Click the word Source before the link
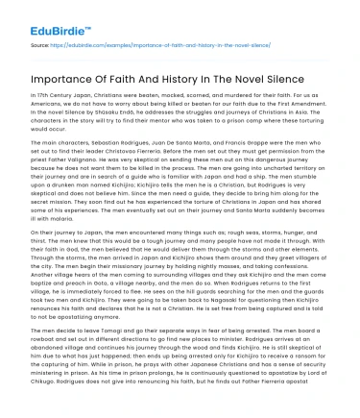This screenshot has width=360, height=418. (41, 43)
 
